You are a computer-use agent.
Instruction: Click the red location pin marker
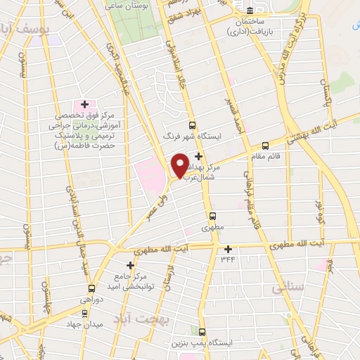click(181, 165)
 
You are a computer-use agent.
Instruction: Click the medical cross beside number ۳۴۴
click(228, 249)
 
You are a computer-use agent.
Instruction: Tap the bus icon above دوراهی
click(91, 288)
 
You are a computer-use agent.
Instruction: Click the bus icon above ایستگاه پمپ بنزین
click(202, 332)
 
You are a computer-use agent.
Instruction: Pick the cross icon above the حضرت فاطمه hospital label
click(85, 104)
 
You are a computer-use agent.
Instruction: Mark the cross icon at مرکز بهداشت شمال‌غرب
click(199, 155)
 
